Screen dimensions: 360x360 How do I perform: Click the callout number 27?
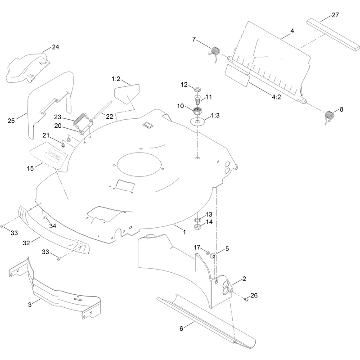pos(335,15)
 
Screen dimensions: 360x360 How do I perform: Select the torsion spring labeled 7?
pos(215,53)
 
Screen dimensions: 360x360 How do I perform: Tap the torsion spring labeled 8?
pos(330,116)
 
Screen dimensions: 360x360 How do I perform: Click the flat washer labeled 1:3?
pos(197,121)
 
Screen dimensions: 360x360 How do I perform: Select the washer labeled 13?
pos(198,220)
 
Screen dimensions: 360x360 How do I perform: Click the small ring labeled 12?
pos(198,89)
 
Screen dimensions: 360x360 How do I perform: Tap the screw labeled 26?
pos(247,300)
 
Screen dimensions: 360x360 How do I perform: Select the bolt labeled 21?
pos(63,145)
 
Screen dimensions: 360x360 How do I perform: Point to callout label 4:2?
pos(276,97)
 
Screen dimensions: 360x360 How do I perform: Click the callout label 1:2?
pos(116,79)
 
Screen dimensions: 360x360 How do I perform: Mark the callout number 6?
pos(181,328)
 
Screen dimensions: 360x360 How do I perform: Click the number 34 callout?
pos(53,226)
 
